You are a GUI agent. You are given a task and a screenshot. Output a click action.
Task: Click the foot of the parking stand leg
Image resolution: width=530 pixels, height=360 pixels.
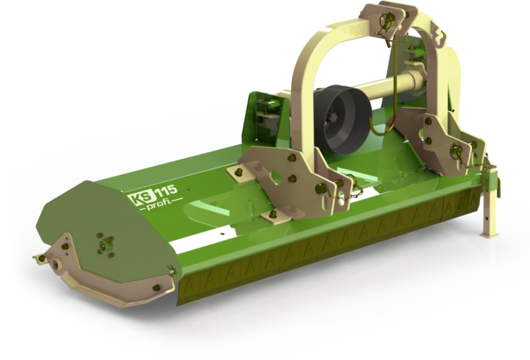(x=490, y=235)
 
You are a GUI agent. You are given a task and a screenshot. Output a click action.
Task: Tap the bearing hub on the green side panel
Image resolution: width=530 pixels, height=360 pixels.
(x=105, y=244)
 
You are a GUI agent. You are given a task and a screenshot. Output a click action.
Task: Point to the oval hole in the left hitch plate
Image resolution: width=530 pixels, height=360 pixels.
(x=276, y=178)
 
